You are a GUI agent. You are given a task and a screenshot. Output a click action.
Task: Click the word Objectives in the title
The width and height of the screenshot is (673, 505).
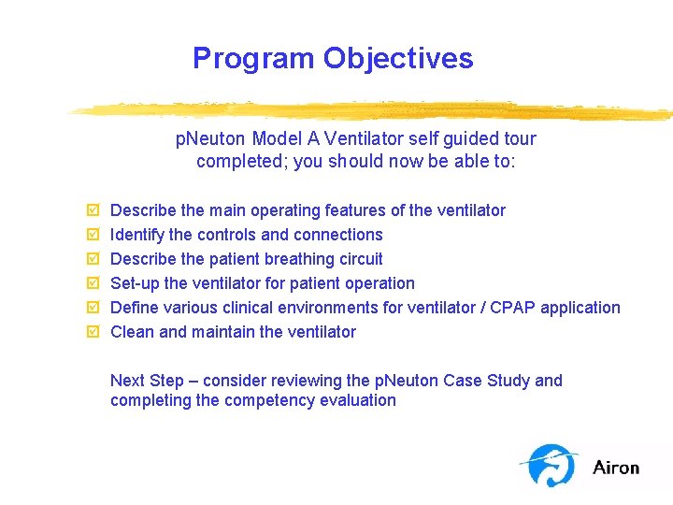398,58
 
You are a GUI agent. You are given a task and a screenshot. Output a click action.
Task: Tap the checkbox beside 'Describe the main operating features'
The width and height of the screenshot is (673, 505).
91,210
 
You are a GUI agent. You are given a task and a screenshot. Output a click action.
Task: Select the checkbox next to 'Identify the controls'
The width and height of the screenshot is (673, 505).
91,235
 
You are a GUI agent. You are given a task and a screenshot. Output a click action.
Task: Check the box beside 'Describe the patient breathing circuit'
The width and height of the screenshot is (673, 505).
91,259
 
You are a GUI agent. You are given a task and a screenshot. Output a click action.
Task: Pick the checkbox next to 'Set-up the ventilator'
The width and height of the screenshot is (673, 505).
91,283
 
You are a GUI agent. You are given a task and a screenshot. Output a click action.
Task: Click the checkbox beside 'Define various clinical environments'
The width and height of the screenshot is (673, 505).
91,308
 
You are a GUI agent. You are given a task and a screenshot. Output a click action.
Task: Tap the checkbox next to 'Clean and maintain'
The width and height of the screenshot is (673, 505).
91,332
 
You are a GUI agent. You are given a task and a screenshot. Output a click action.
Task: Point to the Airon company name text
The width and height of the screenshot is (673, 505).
616,467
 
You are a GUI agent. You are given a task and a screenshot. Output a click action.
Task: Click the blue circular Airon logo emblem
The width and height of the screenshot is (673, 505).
552,465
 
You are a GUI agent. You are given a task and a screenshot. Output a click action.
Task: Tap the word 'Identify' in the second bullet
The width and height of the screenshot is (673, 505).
137,235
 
